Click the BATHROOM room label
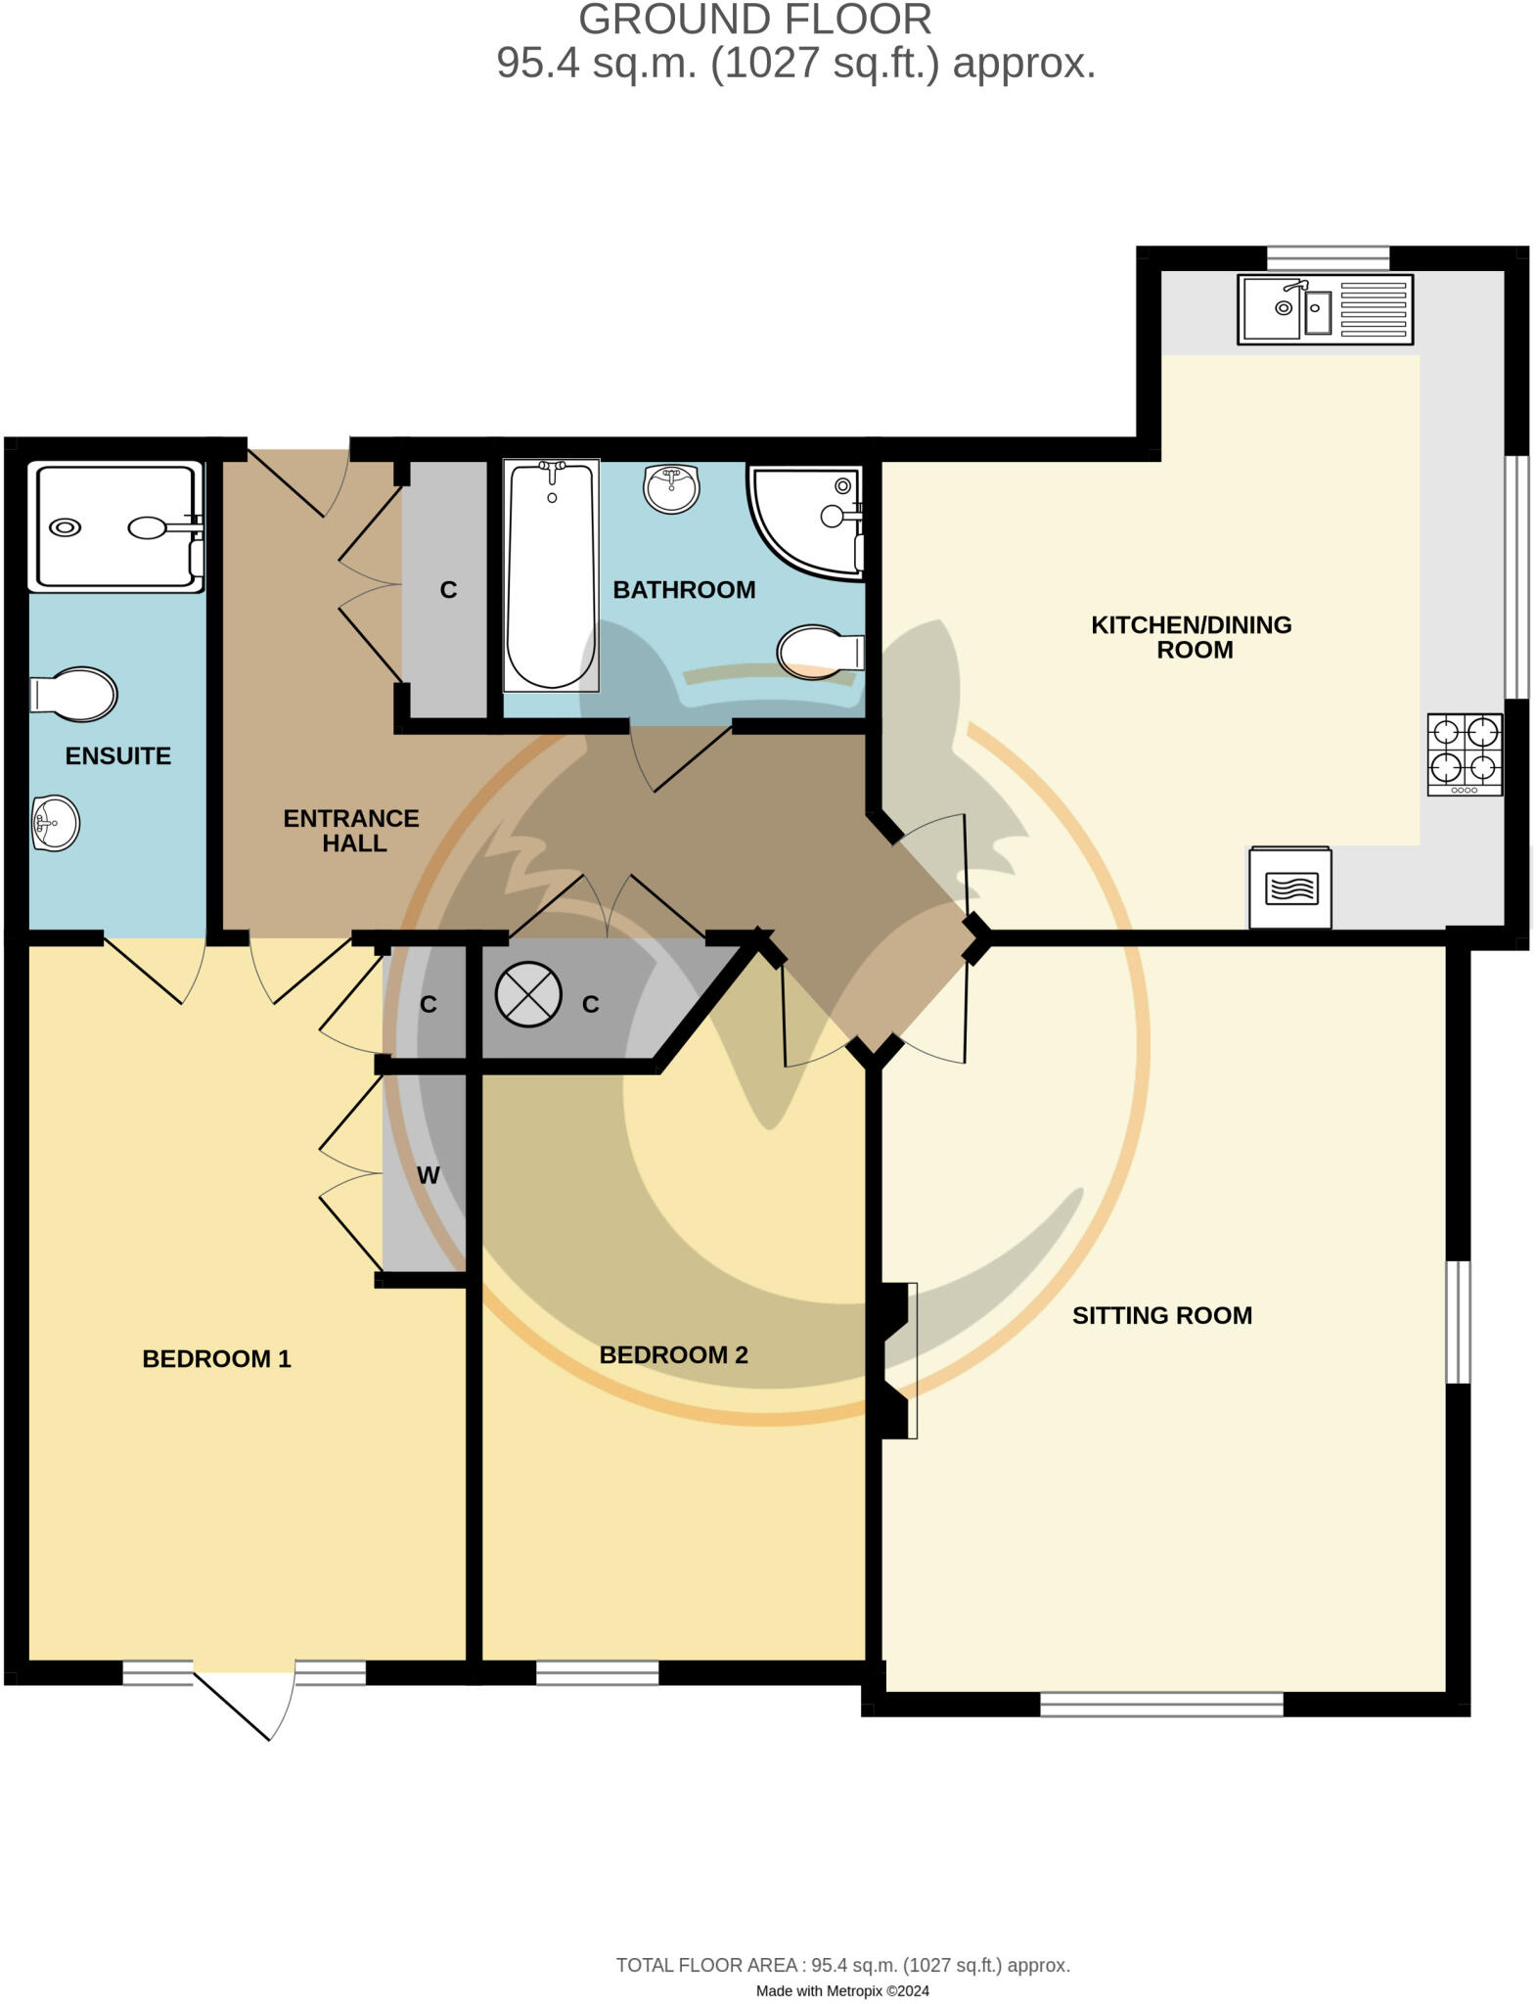coord(684,590)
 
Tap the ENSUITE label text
coord(117,755)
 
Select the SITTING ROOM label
coord(1161,1315)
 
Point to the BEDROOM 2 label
coord(673,1354)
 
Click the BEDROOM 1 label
coord(216,1358)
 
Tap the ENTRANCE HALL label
coord(351,830)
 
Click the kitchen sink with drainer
coord(1325,309)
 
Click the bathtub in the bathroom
coord(551,575)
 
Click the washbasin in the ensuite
coord(55,823)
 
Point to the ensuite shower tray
coord(114,526)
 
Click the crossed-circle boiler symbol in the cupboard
coord(528,994)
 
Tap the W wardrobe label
coord(428,1175)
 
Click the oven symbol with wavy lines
coord(1289,888)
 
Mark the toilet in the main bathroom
coord(819,652)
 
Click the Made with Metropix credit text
coord(841,1990)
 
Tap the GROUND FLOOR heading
coord(754,20)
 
